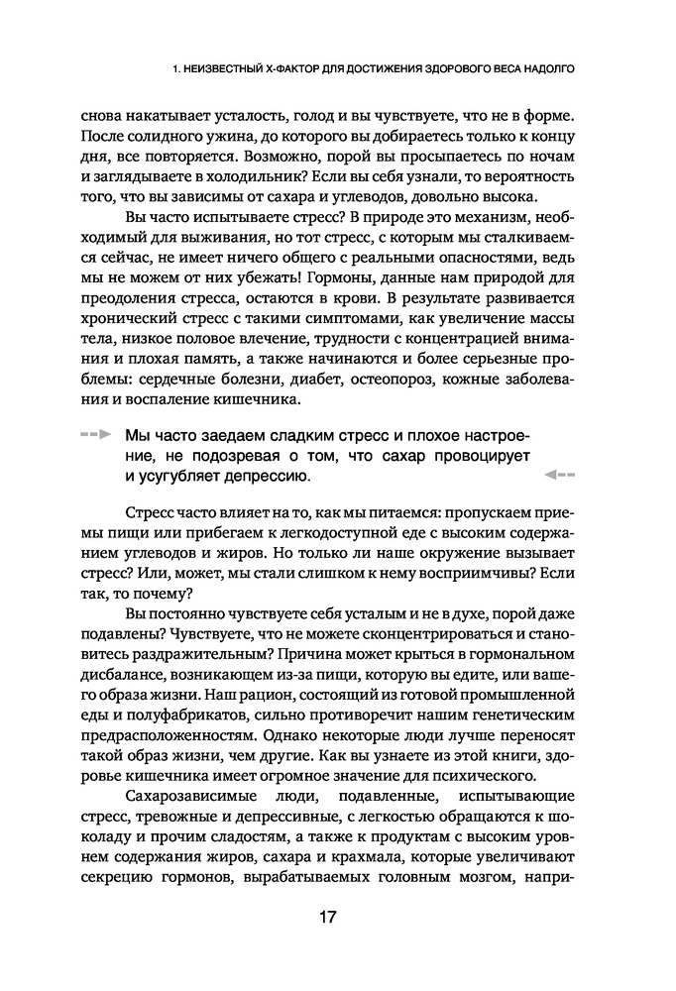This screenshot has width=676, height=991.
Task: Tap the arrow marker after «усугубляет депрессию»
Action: point(560,475)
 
